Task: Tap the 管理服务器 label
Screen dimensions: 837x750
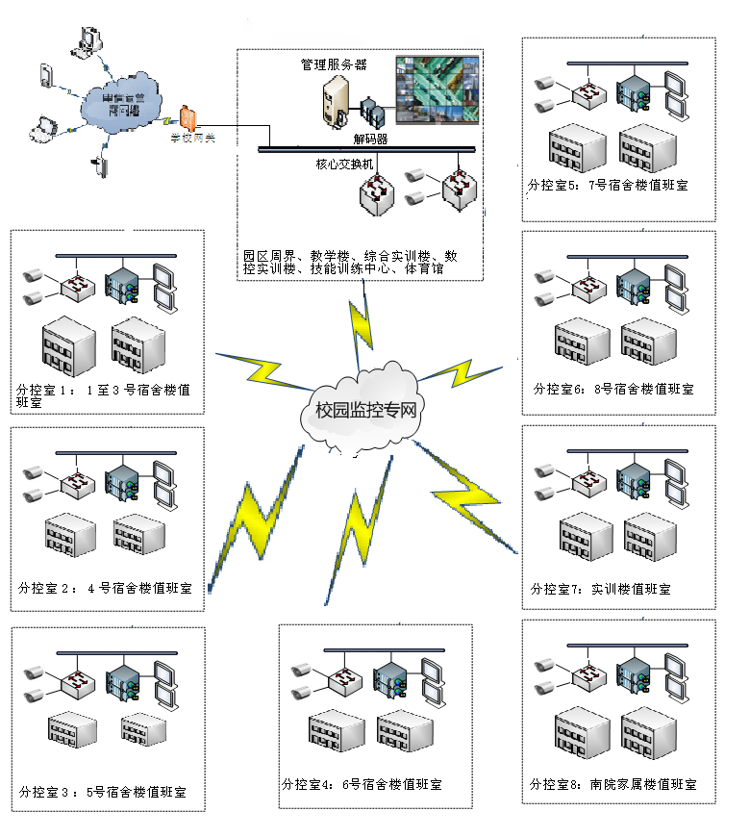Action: [x=334, y=64]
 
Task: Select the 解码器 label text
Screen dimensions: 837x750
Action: [x=370, y=139]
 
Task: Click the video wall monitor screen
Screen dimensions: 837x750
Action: [x=437, y=89]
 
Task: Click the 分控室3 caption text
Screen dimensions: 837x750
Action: [x=102, y=793]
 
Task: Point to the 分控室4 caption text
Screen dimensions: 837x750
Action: [x=362, y=784]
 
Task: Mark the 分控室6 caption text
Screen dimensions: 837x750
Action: [x=613, y=389]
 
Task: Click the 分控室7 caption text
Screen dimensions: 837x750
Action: [x=600, y=589]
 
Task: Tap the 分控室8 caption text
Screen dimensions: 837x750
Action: [x=612, y=784]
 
